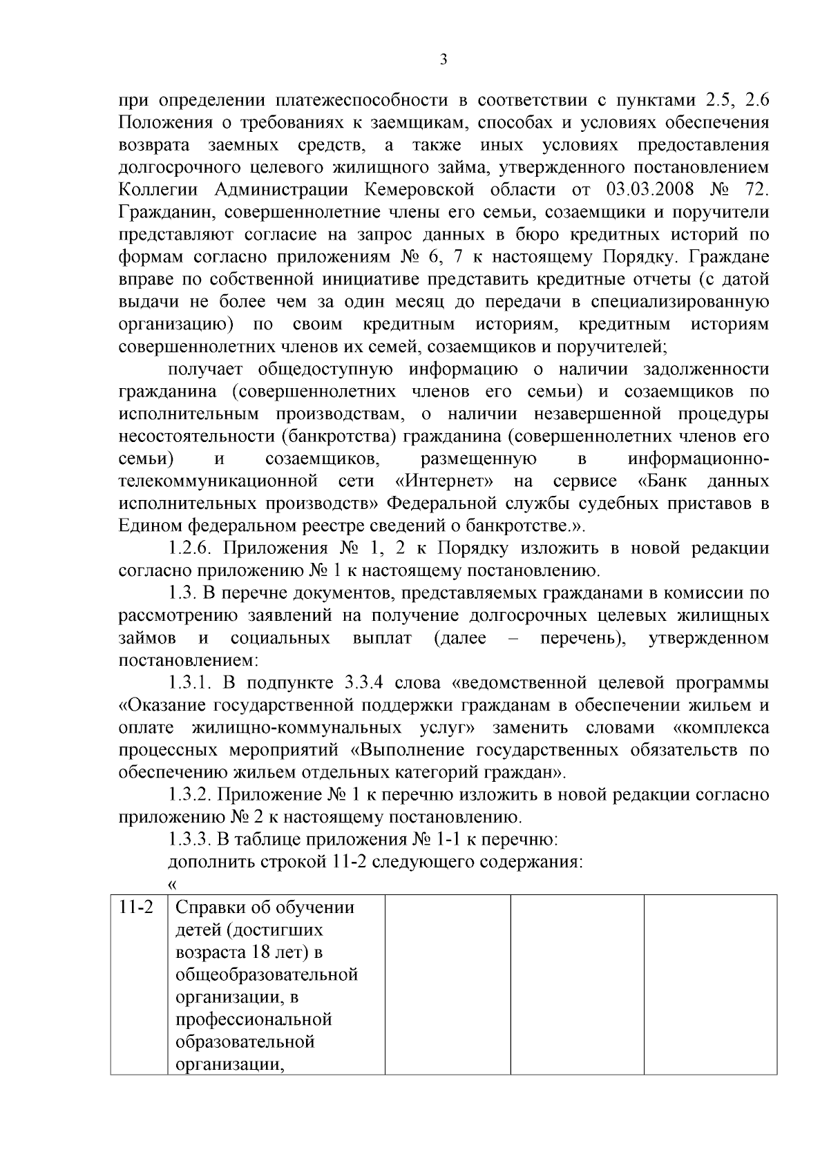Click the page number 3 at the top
pos(444,60)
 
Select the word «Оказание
pos(164,706)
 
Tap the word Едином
pos(147,526)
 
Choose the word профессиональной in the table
pos(254,1020)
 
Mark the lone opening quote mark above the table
pos(173,885)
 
